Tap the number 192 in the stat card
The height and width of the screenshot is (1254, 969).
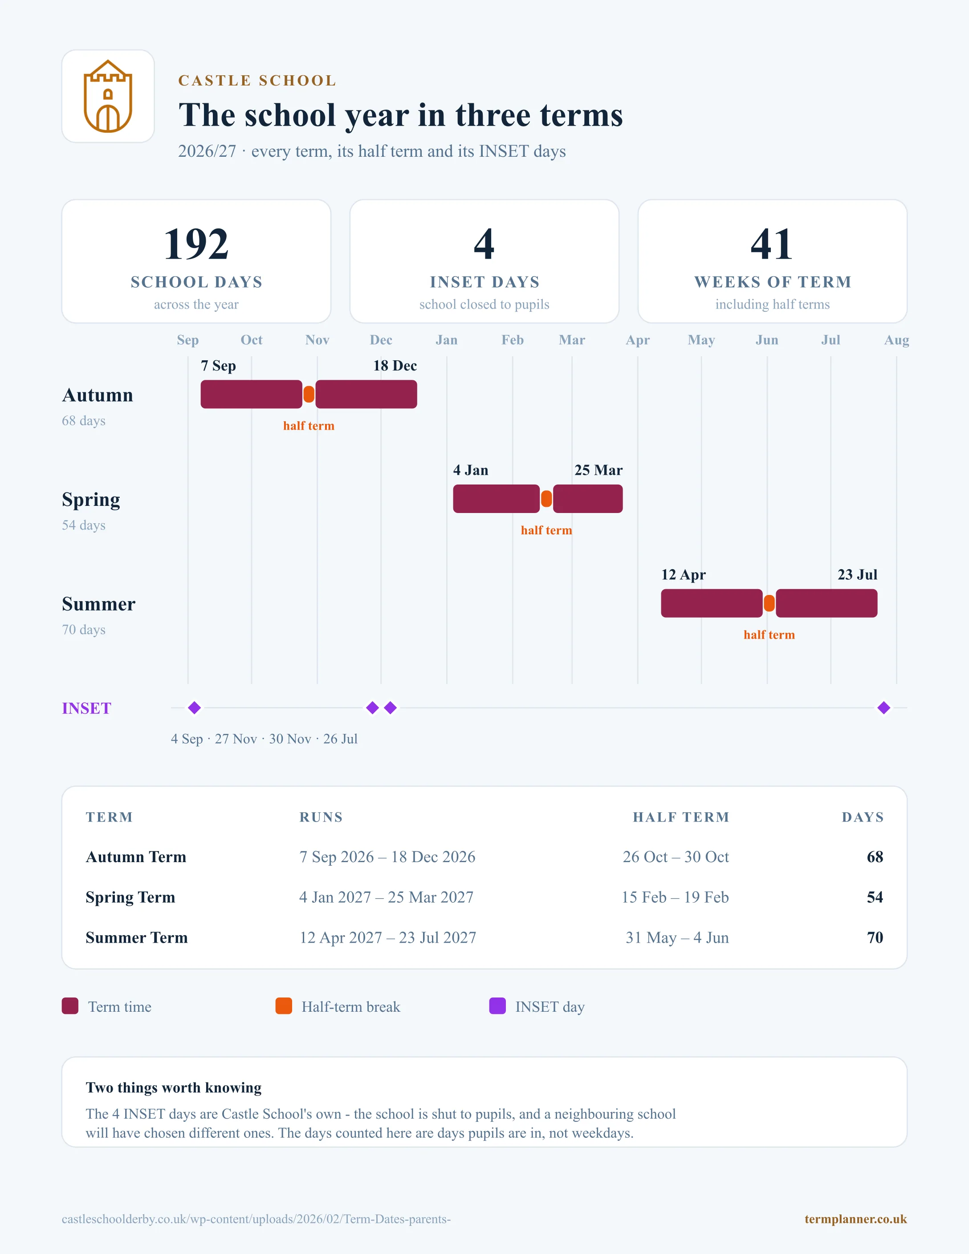[196, 244]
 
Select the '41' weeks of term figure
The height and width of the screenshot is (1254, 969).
[772, 244]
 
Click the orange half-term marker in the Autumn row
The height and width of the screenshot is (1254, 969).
[309, 395]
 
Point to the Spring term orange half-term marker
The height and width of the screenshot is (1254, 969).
[546, 499]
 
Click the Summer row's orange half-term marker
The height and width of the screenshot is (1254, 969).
[769, 603]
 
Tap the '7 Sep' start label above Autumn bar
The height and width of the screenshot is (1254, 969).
[218, 366]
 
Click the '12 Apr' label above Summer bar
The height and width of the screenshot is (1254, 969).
[683, 575]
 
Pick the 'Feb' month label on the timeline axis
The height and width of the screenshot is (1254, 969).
[513, 340]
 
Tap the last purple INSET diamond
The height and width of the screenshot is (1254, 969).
[884, 708]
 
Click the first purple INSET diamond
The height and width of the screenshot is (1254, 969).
[195, 708]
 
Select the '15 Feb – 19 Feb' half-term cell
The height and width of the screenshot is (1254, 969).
[675, 897]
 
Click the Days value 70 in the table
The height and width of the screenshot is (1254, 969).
[875, 938]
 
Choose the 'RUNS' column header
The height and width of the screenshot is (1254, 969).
[321, 817]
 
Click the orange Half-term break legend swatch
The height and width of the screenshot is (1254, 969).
[284, 1006]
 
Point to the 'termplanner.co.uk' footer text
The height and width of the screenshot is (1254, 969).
[855, 1219]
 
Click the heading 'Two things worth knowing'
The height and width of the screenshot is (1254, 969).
[173, 1088]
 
